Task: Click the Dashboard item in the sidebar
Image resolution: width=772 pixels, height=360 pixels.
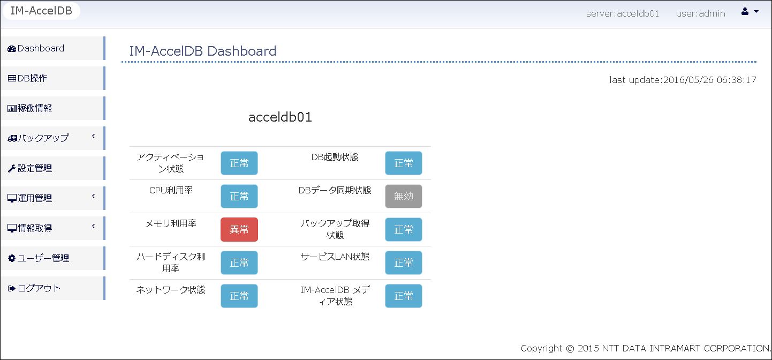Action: (x=52, y=48)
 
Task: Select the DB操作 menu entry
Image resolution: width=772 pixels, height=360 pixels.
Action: (x=52, y=78)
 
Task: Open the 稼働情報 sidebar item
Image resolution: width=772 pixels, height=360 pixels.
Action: (x=52, y=108)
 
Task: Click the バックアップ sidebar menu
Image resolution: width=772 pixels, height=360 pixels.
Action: (x=52, y=138)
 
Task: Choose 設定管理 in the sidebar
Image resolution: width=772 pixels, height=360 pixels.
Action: (x=52, y=168)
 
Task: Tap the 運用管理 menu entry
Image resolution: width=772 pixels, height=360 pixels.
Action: (x=52, y=198)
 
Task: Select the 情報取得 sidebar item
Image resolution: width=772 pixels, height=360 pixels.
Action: (x=52, y=228)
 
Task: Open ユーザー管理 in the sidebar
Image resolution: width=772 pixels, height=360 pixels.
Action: (x=52, y=258)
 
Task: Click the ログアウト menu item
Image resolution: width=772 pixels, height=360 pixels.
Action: (x=52, y=288)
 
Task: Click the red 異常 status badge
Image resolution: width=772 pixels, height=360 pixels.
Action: (x=239, y=230)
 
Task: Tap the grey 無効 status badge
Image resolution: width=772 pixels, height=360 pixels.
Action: (x=404, y=196)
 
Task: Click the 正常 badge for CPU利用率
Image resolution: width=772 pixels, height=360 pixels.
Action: (x=239, y=196)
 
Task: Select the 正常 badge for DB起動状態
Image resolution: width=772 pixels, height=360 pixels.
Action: (x=404, y=163)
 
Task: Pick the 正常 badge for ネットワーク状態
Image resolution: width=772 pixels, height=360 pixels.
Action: (x=239, y=296)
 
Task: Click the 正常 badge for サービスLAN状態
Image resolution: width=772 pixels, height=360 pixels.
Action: (x=404, y=262)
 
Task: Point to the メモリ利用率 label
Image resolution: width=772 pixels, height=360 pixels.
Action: (x=171, y=224)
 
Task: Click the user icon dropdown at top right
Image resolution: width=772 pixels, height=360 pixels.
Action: (x=750, y=12)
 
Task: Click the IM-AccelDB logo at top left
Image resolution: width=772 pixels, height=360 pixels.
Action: (x=41, y=11)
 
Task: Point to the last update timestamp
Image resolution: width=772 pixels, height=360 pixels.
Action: (x=683, y=80)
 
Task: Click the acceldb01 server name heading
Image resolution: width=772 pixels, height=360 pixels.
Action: (x=280, y=117)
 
